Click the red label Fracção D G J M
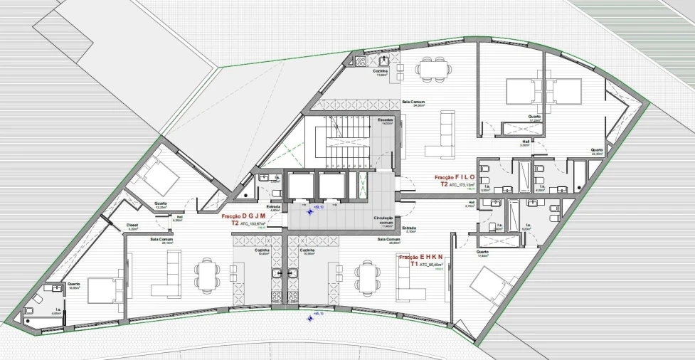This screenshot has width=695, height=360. (243, 216)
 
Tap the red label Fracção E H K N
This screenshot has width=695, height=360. (421, 257)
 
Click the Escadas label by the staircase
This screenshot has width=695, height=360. (386, 120)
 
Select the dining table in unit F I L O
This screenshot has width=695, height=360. (434, 68)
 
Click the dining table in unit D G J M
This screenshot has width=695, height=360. (208, 275)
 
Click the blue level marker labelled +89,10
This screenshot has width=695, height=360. (311, 210)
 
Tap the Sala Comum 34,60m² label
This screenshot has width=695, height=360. (413, 103)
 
